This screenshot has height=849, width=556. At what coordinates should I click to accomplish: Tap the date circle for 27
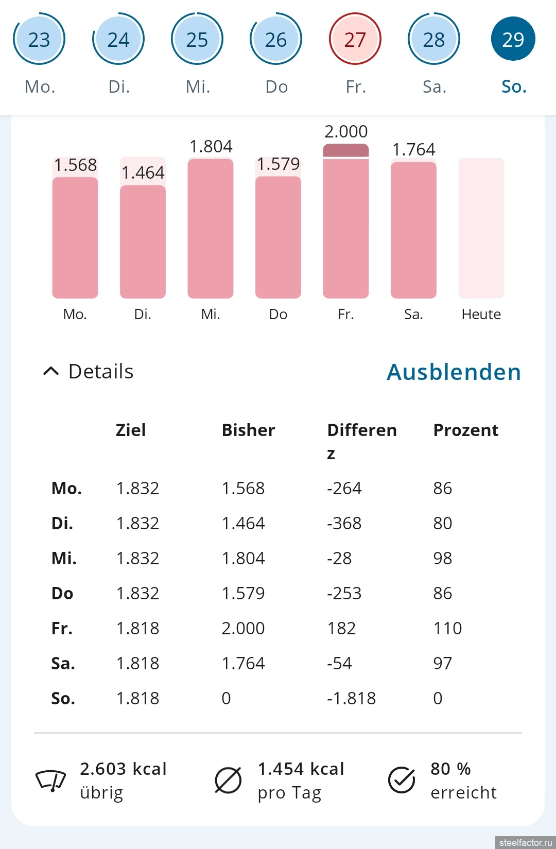pos(355,39)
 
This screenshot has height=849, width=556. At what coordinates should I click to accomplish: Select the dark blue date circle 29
pos(513,39)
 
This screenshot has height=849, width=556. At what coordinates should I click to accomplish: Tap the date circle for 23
pos(39,39)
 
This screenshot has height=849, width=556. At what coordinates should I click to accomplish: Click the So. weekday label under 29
pos(514,86)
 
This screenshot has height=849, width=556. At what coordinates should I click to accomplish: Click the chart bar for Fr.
pos(346,227)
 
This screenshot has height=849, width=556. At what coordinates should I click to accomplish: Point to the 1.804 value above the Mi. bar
pos(211,146)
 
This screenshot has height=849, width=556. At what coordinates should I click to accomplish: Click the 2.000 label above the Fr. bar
pos(346,131)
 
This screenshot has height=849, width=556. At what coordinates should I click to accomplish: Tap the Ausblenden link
pos(454,372)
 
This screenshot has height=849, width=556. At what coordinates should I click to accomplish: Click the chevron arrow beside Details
pos(51,371)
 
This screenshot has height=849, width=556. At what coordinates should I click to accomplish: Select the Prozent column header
pos(465,430)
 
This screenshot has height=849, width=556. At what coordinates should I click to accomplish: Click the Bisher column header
pos(248,430)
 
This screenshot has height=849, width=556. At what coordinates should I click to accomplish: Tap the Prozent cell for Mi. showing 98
pos(442,558)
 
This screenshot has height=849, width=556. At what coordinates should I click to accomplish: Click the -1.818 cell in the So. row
pos(351,698)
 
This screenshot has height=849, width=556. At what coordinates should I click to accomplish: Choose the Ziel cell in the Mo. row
pos(137,488)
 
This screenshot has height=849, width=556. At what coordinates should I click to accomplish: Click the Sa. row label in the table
pos(63,663)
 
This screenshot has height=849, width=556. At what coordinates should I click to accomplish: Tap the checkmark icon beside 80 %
pos(402,780)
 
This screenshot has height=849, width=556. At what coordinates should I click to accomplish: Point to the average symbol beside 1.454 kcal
pos(228,780)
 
